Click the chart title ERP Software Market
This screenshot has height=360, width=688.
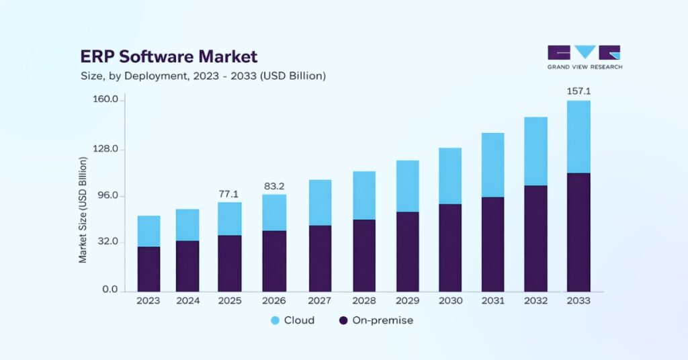(x=169, y=56)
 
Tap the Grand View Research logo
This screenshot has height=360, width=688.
(x=584, y=58)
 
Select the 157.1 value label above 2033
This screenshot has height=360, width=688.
(x=578, y=91)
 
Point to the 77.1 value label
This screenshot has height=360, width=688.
(x=229, y=193)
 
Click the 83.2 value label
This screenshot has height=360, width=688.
(x=273, y=186)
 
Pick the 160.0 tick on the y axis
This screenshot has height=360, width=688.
(x=105, y=100)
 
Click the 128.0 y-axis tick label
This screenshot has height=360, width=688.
(x=105, y=148)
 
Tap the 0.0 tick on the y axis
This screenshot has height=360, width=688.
(x=110, y=290)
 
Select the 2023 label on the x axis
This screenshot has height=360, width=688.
(x=148, y=301)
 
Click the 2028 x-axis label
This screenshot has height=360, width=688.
(x=363, y=301)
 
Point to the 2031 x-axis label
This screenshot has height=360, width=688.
(x=492, y=301)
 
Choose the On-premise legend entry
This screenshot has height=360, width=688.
(x=376, y=320)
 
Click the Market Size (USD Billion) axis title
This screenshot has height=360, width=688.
(x=83, y=209)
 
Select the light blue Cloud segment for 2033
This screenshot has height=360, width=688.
(x=578, y=137)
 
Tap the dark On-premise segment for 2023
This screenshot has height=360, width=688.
(x=148, y=269)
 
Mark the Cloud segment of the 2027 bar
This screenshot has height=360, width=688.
(x=320, y=202)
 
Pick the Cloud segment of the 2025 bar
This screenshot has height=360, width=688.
(x=229, y=218)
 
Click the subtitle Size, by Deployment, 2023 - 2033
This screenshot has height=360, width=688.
(x=203, y=76)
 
